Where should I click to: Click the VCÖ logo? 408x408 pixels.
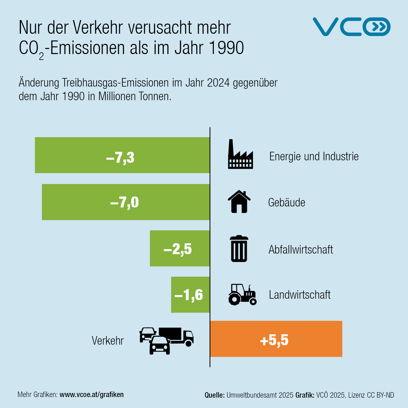(351, 27)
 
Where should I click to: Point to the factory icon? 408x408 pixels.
(240, 155)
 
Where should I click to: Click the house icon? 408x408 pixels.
(239, 202)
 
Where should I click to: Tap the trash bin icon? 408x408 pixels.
(239, 249)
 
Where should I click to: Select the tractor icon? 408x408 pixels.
(242, 294)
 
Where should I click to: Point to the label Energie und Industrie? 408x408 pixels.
(314, 156)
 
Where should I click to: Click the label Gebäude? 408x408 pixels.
(287, 202)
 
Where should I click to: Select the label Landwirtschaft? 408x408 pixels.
(300, 295)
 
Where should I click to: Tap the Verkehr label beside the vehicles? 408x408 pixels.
(108, 341)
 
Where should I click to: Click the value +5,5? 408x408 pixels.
(274, 340)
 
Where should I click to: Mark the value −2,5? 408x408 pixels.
(178, 249)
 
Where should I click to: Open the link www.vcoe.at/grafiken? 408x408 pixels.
(92, 394)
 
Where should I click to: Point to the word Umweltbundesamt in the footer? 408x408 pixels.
(260, 395)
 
